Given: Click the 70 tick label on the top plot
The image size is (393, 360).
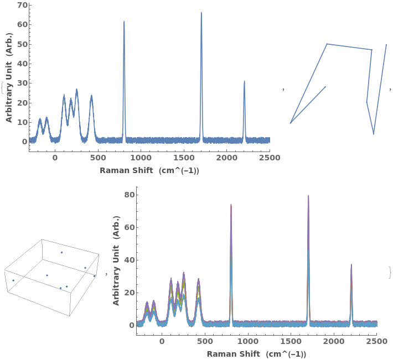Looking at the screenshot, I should click(x=22, y=5).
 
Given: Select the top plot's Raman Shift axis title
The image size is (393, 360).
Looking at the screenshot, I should click(x=149, y=170).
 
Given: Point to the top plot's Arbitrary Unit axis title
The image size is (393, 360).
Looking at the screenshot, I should click(x=9, y=77).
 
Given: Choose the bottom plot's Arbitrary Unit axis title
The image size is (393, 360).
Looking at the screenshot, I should click(x=116, y=260).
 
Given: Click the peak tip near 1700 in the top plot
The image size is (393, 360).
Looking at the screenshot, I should click(x=201, y=13).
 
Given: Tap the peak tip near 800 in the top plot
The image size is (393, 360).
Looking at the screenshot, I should click(x=124, y=22).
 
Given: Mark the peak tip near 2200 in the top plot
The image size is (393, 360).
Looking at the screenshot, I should click(x=244, y=82).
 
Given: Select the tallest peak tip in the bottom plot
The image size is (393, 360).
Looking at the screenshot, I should click(x=308, y=196).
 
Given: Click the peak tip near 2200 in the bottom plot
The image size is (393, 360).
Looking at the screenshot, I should click(x=351, y=265).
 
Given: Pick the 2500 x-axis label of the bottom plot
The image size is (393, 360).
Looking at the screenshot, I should click(x=376, y=342).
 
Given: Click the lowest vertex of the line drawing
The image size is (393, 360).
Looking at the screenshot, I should click(x=373, y=134).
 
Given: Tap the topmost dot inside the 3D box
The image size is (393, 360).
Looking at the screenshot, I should click(x=61, y=252).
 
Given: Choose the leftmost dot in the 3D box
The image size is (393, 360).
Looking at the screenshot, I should click(x=13, y=280).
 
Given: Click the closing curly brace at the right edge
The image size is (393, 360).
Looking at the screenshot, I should click(x=390, y=272).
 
